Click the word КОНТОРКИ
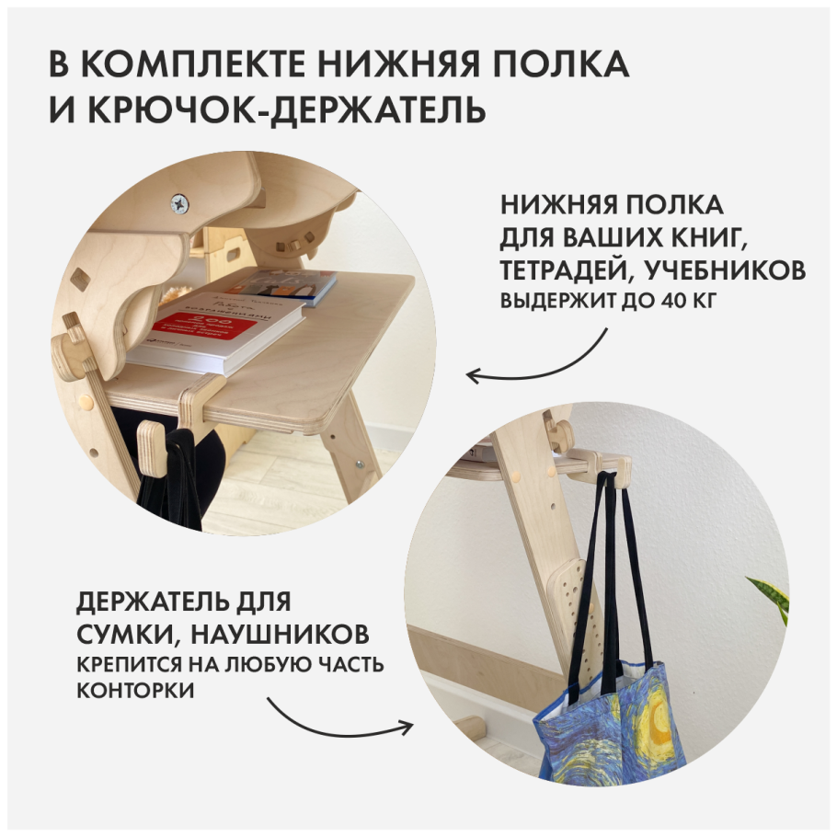tap(135, 692)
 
